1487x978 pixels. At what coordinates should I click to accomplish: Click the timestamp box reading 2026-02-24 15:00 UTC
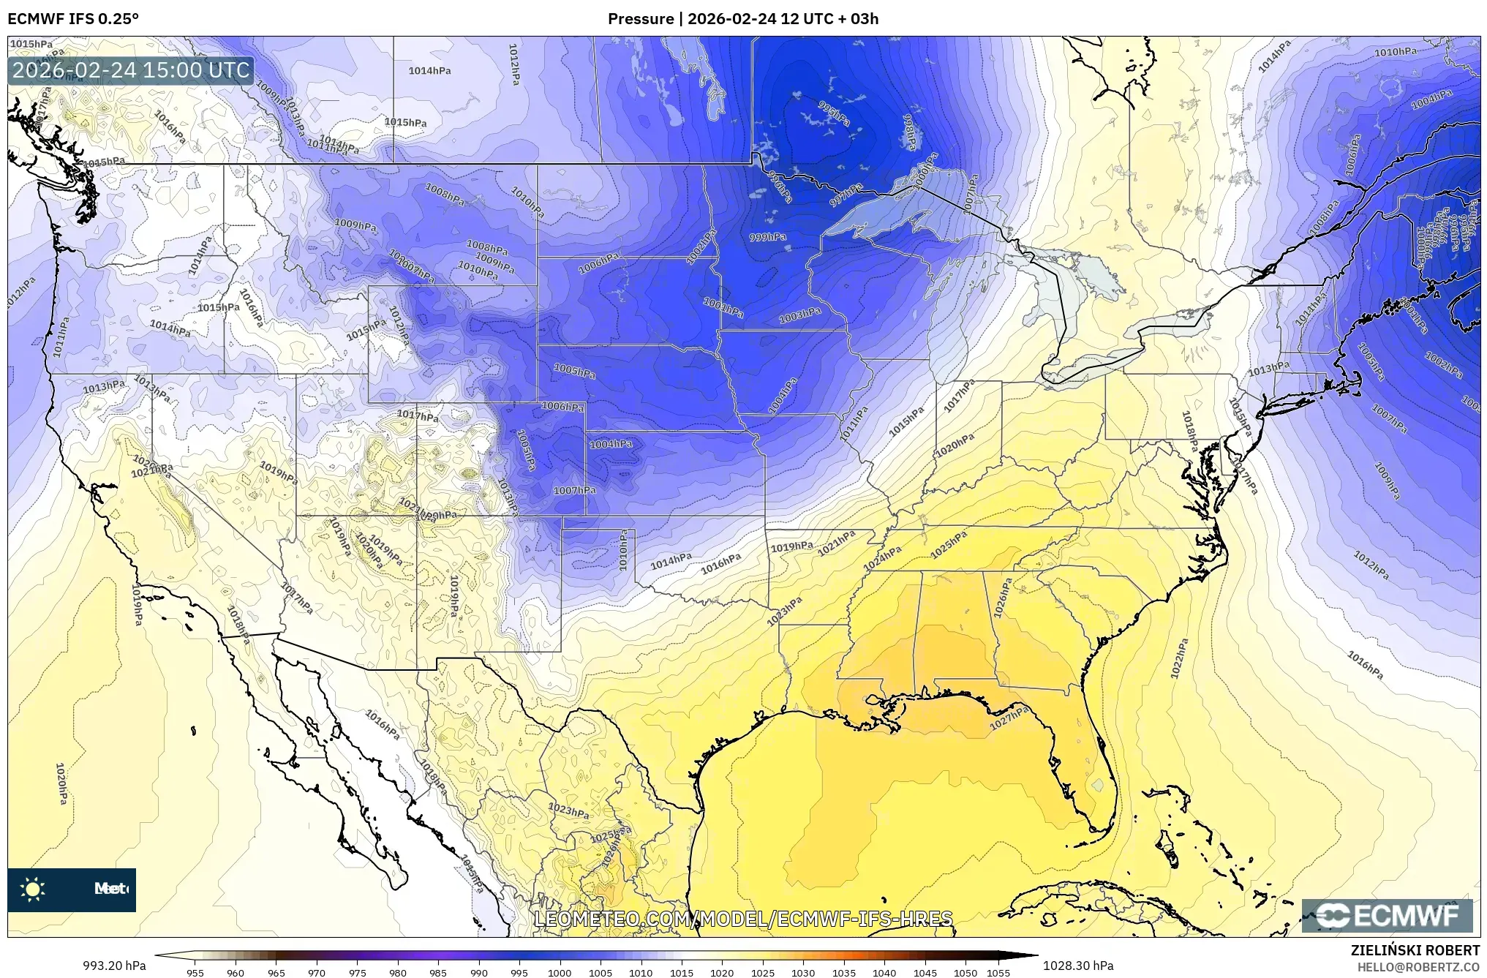pyautogui.click(x=131, y=70)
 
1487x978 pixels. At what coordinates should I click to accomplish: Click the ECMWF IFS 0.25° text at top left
pyautogui.click(x=73, y=18)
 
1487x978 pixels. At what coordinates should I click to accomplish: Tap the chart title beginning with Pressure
pyautogui.click(x=742, y=18)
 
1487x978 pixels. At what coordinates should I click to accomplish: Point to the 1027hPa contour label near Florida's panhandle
pyautogui.click(x=1009, y=718)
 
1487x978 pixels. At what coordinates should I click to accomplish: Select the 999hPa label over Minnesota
pyautogui.click(x=767, y=237)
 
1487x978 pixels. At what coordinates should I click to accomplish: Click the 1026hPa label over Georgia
pyautogui.click(x=1003, y=598)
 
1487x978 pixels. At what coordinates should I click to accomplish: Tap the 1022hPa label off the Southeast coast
pyautogui.click(x=1179, y=658)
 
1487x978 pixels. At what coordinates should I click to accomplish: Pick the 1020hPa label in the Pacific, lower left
pyautogui.click(x=61, y=783)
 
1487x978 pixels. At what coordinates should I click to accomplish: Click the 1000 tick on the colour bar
pyautogui.click(x=560, y=972)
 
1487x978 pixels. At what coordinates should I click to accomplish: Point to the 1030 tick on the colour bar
pyautogui.click(x=803, y=972)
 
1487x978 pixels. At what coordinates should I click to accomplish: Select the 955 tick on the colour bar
pyautogui.click(x=195, y=972)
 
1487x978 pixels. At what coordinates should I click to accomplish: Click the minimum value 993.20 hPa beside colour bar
pyautogui.click(x=113, y=966)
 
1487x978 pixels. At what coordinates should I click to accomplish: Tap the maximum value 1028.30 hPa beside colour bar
pyautogui.click(x=1077, y=966)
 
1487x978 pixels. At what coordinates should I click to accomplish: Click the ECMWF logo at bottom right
pyautogui.click(x=1387, y=916)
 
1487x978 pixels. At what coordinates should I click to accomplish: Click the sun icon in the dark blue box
pyautogui.click(x=32, y=889)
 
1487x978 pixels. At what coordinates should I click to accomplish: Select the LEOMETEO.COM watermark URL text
pyautogui.click(x=743, y=919)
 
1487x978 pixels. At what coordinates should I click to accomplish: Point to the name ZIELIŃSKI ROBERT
pyautogui.click(x=1415, y=950)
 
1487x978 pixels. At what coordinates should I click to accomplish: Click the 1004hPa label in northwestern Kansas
pyautogui.click(x=611, y=444)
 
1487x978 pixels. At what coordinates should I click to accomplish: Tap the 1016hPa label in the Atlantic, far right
pyautogui.click(x=1365, y=665)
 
